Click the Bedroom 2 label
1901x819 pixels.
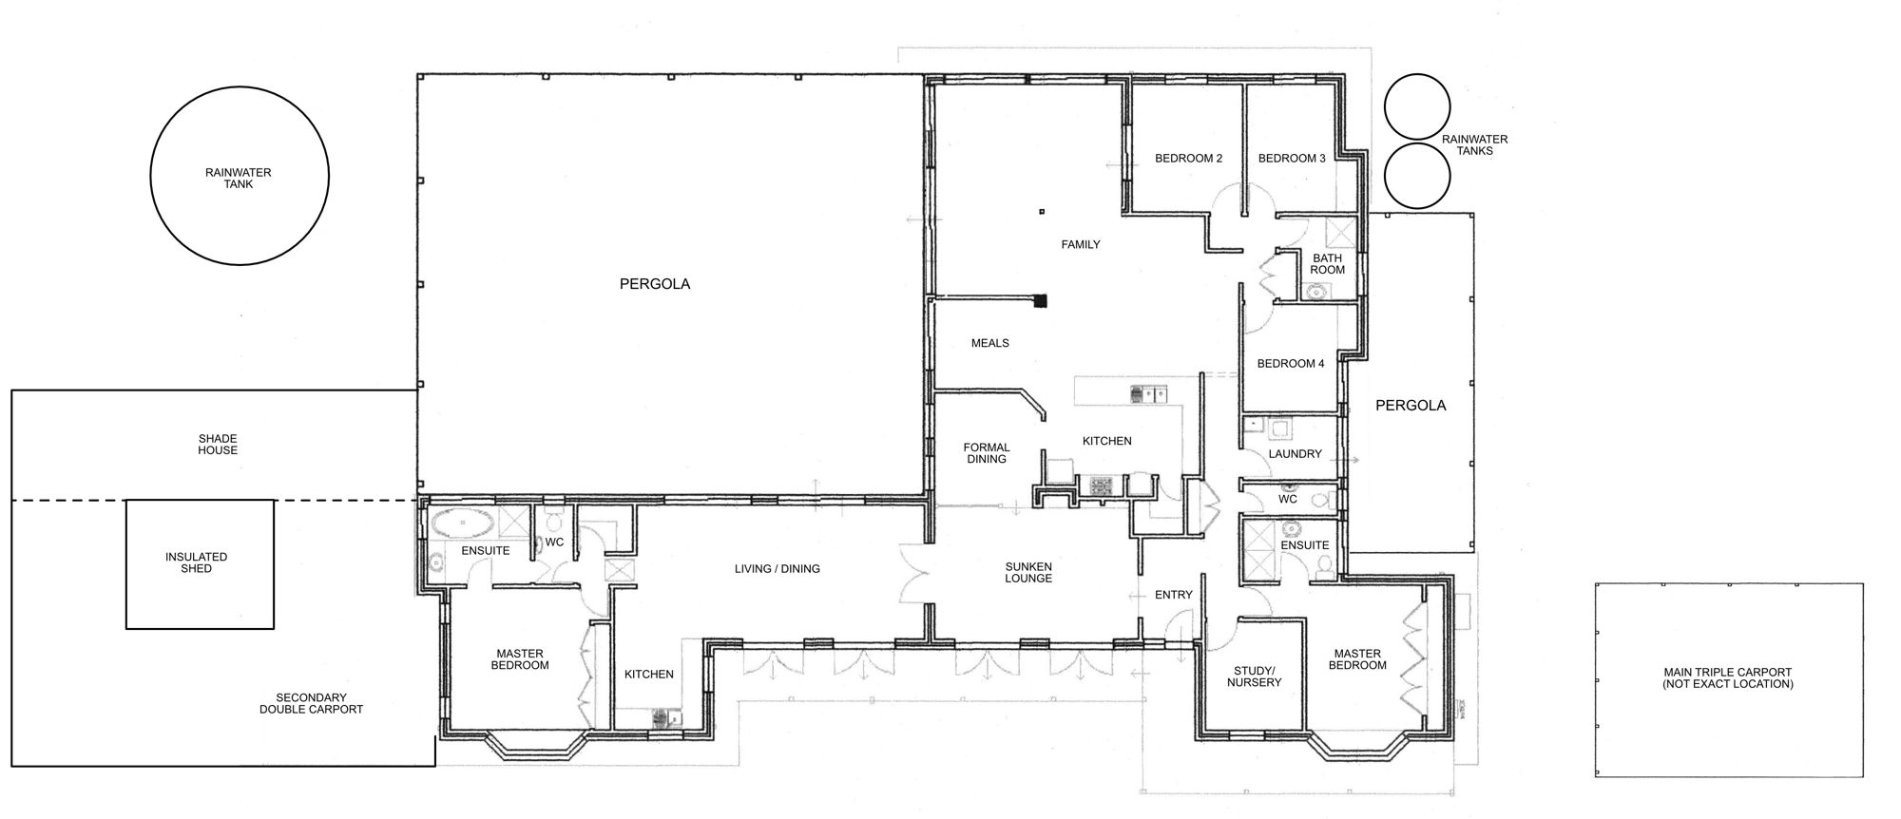point(1188,159)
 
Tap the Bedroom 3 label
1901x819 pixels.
point(1292,159)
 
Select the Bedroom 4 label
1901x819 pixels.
point(1291,364)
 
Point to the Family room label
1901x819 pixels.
point(1081,245)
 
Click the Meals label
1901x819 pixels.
point(990,343)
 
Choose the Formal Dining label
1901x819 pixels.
point(987,453)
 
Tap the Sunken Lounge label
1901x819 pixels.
point(1028,572)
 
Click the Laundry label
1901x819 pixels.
point(1296,454)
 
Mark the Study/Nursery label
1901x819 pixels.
point(1255,676)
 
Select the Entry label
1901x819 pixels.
point(1174,595)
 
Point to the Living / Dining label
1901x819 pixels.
point(778,569)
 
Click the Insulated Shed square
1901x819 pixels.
point(201,501)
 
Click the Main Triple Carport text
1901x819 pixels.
point(1728,678)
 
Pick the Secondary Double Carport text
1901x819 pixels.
point(312,703)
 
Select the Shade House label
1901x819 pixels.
point(218,445)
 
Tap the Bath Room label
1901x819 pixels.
point(1328,264)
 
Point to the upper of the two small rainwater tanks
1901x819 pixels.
point(1417,107)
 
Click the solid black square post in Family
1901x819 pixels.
point(1042,302)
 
